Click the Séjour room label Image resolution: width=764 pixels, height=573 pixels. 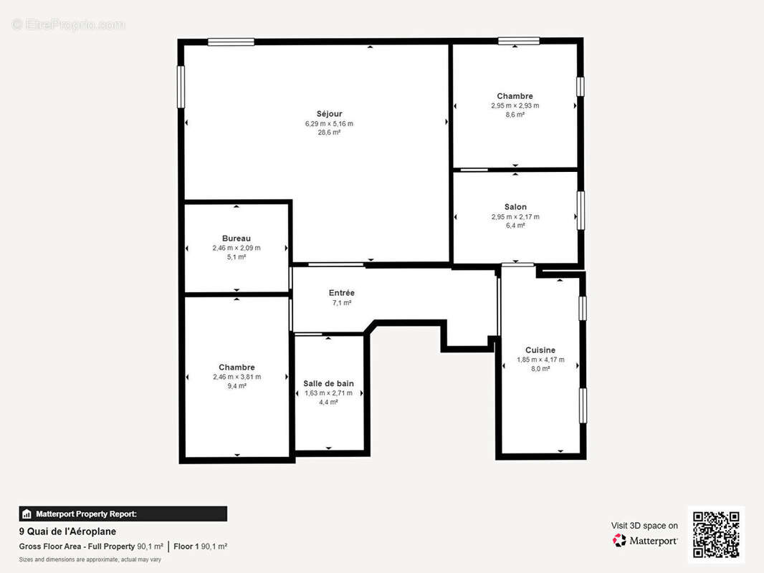[x=329, y=114]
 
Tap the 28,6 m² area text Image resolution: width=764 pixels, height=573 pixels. [x=329, y=133]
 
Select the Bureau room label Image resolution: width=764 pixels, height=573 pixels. [x=236, y=239]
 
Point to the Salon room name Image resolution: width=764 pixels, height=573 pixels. [x=515, y=207]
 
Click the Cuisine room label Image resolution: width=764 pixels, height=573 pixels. [x=540, y=350]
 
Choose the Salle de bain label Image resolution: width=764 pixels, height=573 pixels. [x=328, y=384]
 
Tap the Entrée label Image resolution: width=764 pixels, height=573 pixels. [x=341, y=293]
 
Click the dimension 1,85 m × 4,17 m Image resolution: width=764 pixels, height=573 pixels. [x=540, y=360]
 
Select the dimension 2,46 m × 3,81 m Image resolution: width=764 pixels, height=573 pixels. [x=237, y=377]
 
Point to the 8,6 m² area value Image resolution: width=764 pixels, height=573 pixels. [x=515, y=115]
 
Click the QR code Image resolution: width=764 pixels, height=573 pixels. [x=716, y=534]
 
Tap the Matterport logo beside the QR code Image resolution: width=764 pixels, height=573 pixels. [x=645, y=541]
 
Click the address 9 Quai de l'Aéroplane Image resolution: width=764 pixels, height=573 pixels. [x=67, y=531]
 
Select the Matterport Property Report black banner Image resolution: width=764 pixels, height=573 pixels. [x=123, y=514]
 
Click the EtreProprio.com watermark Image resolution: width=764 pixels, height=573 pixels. [x=69, y=25]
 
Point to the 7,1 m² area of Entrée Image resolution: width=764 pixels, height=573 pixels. [x=341, y=303]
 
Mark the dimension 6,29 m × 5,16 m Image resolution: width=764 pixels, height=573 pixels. [x=329, y=123]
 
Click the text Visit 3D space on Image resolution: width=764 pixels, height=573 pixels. [x=644, y=526]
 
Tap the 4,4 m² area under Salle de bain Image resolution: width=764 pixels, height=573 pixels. [x=328, y=403]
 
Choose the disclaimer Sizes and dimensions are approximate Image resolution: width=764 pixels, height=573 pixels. [x=90, y=559]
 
